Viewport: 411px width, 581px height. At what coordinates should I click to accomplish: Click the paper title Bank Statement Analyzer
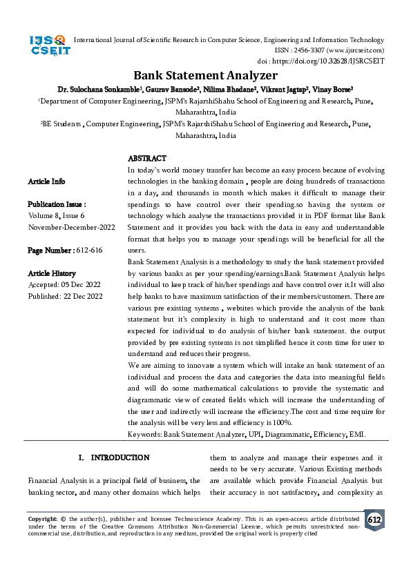point(205,75)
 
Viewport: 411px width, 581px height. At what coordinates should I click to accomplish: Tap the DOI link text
point(343,61)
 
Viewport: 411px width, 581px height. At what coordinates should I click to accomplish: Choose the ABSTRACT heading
point(147,159)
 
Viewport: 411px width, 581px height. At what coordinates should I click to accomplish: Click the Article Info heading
point(46,181)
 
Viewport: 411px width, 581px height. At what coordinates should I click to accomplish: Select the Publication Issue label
point(57,204)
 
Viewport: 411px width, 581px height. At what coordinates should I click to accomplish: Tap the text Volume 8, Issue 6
point(61,215)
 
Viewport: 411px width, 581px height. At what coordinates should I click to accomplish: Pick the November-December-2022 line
point(71,226)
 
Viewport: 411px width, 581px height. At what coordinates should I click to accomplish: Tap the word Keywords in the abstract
point(144,434)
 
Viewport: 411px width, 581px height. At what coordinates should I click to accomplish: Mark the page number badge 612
point(374,520)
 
